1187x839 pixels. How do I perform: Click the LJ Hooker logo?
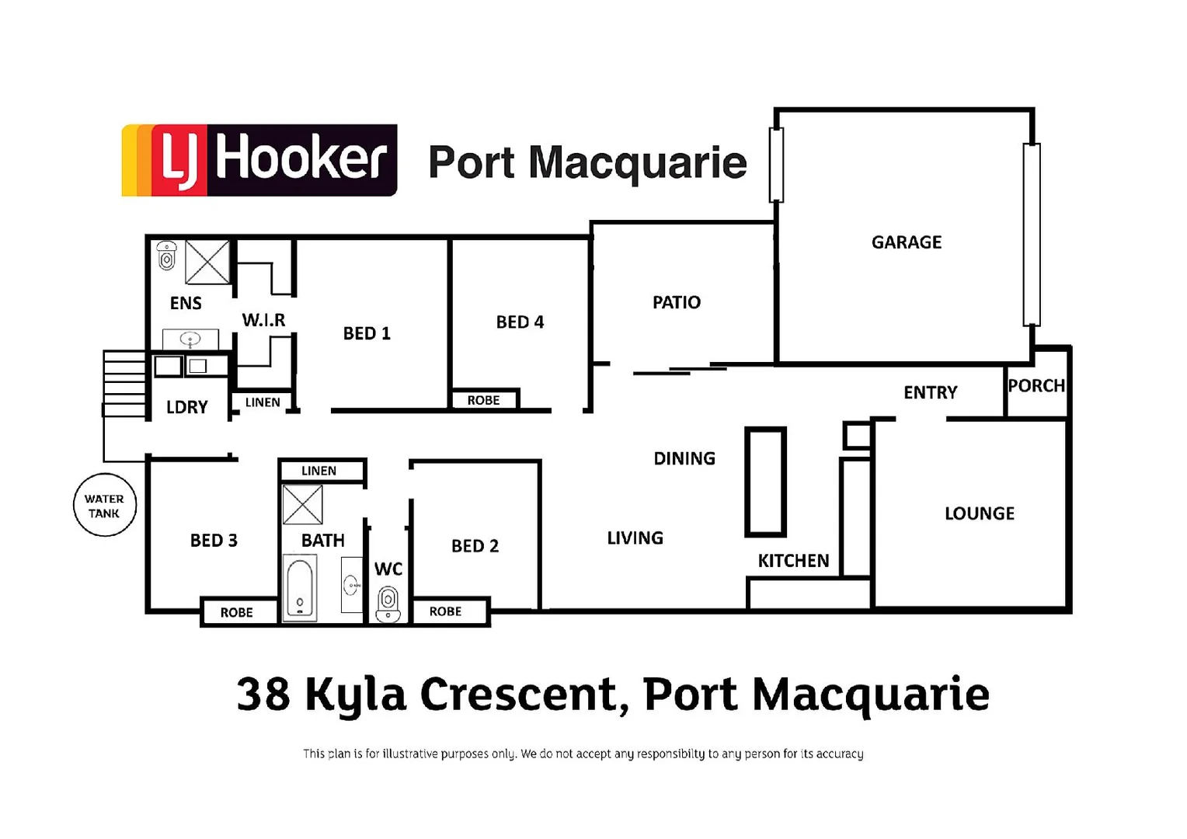click(259, 160)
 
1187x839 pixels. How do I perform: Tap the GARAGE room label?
click(906, 242)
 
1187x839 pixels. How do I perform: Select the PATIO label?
click(676, 302)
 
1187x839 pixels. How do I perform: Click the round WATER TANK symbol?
click(104, 506)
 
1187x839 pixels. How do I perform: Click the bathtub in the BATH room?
click(300, 587)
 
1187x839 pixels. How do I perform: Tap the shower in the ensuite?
click(207, 262)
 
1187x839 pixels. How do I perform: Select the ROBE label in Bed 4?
click(483, 400)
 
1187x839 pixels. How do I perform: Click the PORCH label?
click(1036, 385)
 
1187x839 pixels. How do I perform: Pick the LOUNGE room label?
click(979, 513)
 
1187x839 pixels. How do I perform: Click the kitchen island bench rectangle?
click(765, 482)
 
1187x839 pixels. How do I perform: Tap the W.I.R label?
click(263, 320)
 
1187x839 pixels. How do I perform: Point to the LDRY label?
click(187, 407)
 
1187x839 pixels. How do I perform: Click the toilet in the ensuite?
click(166, 256)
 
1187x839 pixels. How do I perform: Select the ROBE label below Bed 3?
click(236, 612)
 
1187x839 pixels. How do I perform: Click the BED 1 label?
click(367, 333)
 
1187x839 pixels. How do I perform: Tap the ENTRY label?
click(930, 392)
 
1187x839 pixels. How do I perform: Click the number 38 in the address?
click(263, 694)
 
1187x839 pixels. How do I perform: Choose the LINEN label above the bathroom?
click(319, 471)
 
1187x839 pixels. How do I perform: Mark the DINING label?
click(684, 458)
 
